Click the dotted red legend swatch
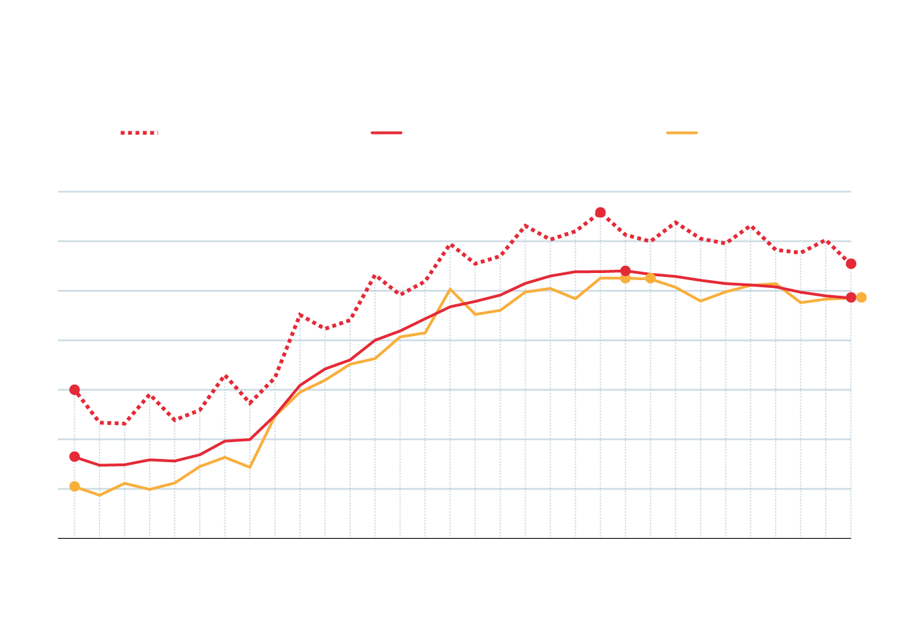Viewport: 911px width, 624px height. pyautogui.click(x=139, y=133)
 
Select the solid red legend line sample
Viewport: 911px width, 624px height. pyautogui.click(x=387, y=133)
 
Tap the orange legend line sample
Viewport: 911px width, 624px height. pyautogui.click(x=681, y=133)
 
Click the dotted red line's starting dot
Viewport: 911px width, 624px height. pyautogui.click(x=75, y=390)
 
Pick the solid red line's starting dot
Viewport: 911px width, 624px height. pyautogui.click(x=75, y=457)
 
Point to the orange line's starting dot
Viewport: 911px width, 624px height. pyautogui.click(x=75, y=486)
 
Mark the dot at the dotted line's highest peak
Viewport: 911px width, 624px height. pyautogui.click(x=600, y=213)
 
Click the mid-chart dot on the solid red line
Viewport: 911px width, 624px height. pyautogui.click(x=625, y=271)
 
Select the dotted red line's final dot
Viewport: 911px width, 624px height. pyautogui.click(x=850, y=263)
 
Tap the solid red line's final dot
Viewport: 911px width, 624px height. pyautogui.click(x=850, y=298)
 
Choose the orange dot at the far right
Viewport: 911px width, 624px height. pyautogui.click(x=861, y=298)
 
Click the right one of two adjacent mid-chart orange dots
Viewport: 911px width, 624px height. pyautogui.click(x=650, y=278)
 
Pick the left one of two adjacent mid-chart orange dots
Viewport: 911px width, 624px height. pyautogui.click(x=625, y=279)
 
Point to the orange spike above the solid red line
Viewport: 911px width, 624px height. pyautogui.click(x=450, y=289)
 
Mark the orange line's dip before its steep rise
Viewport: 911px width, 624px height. pyautogui.click(x=250, y=467)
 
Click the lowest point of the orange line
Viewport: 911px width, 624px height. pyautogui.click(x=100, y=495)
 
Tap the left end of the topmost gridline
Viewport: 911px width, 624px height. pyautogui.click(x=59, y=192)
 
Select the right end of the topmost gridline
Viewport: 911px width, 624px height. pyautogui.click(x=850, y=192)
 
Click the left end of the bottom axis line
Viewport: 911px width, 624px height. pyautogui.click(x=59, y=538)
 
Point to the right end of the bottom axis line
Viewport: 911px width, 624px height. pyautogui.click(x=850, y=538)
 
